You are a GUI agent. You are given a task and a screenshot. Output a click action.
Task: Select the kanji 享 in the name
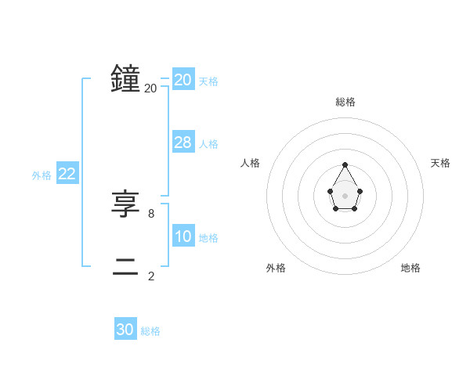pyautogui.click(x=126, y=204)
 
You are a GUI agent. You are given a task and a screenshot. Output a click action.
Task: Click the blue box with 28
pyautogui.click(x=183, y=142)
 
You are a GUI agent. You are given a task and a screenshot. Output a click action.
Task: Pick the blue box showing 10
pyautogui.click(x=183, y=236)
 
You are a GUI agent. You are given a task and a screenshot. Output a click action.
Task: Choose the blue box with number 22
pyautogui.click(x=67, y=175)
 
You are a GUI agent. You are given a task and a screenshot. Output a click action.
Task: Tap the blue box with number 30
pyautogui.click(x=125, y=330)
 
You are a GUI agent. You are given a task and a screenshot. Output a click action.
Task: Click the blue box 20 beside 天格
pyautogui.click(x=183, y=80)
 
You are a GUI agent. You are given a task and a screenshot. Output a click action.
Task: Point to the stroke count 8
pyautogui.click(x=151, y=213)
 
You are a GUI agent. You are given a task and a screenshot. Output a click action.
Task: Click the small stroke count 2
pyautogui.click(x=151, y=276)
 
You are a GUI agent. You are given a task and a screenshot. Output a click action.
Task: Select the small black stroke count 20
pyautogui.click(x=150, y=88)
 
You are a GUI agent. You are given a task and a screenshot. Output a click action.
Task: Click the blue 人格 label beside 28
pyautogui.click(x=208, y=144)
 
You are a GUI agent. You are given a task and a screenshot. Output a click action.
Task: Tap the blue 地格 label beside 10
pyautogui.click(x=208, y=238)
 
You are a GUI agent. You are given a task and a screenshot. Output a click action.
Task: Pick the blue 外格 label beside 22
pyautogui.click(x=42, y=176)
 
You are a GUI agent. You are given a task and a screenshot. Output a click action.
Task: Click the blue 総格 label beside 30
pyautogui.click(x=150, y=332)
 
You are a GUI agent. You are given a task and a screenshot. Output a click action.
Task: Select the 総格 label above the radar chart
pyautogui.click(x=345, y=102)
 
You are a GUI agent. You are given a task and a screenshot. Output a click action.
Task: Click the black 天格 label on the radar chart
pyautogui.click(x=440, y=163)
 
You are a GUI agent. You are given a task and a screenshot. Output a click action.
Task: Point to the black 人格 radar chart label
pyautogui.click(x=250, y=163)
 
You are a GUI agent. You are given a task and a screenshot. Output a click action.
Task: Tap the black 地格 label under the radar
pyautogui.click(x=410, y=268)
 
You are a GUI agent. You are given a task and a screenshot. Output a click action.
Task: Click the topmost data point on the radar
pyautogui.click(x=345, y=164)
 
